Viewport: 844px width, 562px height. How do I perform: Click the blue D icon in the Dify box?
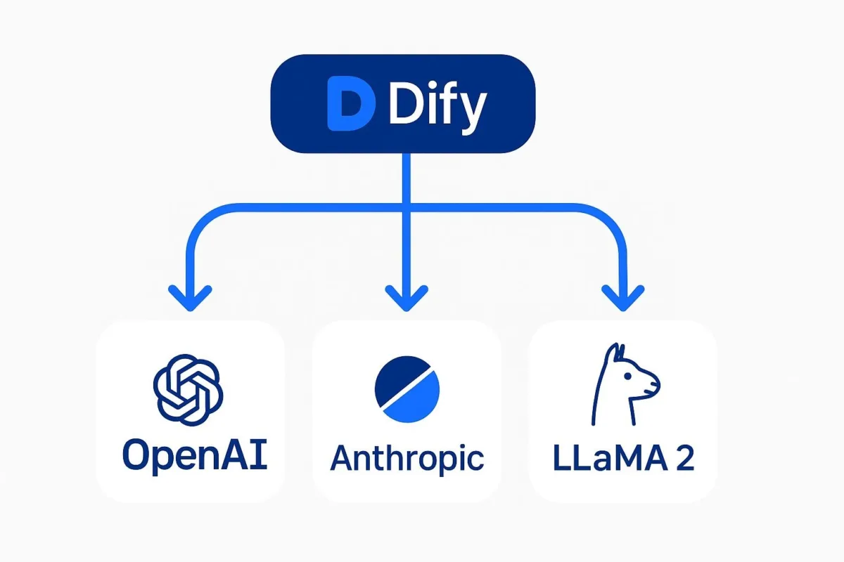click(x=350, y=103)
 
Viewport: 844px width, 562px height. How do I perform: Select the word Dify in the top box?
click(x=437, y=106)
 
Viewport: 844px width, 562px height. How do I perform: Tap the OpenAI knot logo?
click(x=188, y=390)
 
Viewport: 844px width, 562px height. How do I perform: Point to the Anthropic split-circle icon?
click(x=407, y=389)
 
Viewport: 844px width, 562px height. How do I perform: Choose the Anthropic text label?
click(x=407, y=459)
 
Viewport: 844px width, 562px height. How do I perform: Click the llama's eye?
click(x=627, y=376)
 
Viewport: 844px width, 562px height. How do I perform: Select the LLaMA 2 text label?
click(x=624, y=457)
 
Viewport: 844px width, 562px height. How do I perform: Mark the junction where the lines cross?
click(x=407, y=207)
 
